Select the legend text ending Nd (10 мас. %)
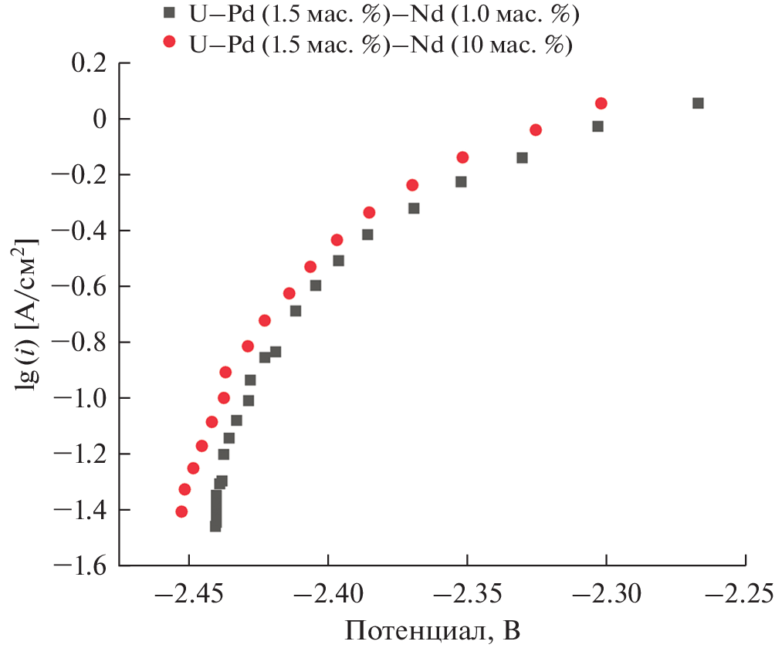(x=379, y=43)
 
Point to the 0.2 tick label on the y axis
(x=86, y=64)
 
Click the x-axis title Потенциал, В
(x=432, y=632)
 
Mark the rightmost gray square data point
(x=698, y=103)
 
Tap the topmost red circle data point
(x=601, y=103)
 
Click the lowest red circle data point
(x=181, y=511)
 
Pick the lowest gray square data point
(x=215, y=526)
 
